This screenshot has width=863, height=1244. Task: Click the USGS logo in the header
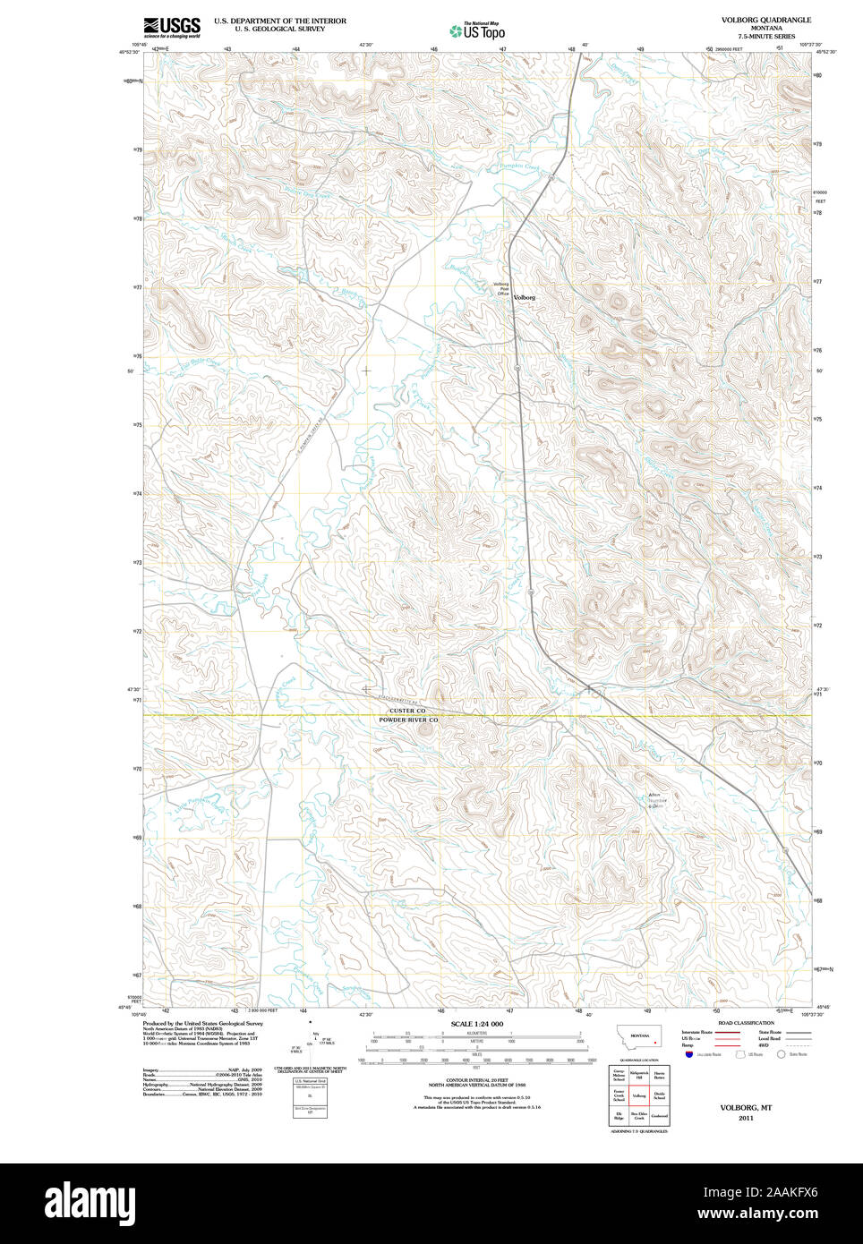point(172,27)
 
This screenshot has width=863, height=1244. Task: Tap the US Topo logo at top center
point(477,31)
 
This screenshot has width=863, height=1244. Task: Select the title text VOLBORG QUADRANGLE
point(765,20)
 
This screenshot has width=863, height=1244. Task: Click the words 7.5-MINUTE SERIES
point(765,37)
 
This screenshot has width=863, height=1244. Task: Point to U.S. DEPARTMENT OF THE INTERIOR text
point(279,21)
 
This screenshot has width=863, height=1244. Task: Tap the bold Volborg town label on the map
point(525,297)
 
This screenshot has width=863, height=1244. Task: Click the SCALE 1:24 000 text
point(476,1024)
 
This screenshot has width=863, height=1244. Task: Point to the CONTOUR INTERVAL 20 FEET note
point(476,1081)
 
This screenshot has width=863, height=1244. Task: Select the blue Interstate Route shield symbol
point(689,1054)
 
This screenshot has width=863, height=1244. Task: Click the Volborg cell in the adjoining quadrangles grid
point(639,1095)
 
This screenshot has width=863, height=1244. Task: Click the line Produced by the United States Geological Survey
point(202,1023)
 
